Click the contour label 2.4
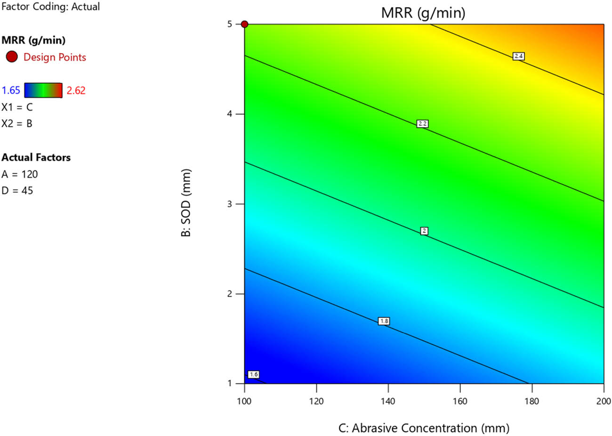point(518,57)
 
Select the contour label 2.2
point(422,124)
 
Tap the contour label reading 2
point(424,231)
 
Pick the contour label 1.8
point(384,321)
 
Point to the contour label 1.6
point(253,374)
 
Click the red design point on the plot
point(245,24)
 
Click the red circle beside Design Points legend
point(12,57)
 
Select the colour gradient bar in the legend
point(43,90)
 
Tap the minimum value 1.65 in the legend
point(11,90)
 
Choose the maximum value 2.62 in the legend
point(76,90)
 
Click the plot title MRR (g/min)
point(423,13)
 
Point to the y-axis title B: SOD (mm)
point(186,202)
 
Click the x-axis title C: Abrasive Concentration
point(424,428)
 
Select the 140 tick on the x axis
point(388,401)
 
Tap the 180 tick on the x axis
point(531,401)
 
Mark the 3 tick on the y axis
point(230,204)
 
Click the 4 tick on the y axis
point(230,114)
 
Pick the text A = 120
point(20,174)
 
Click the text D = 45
point(17,191)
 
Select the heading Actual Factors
point(36,157)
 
